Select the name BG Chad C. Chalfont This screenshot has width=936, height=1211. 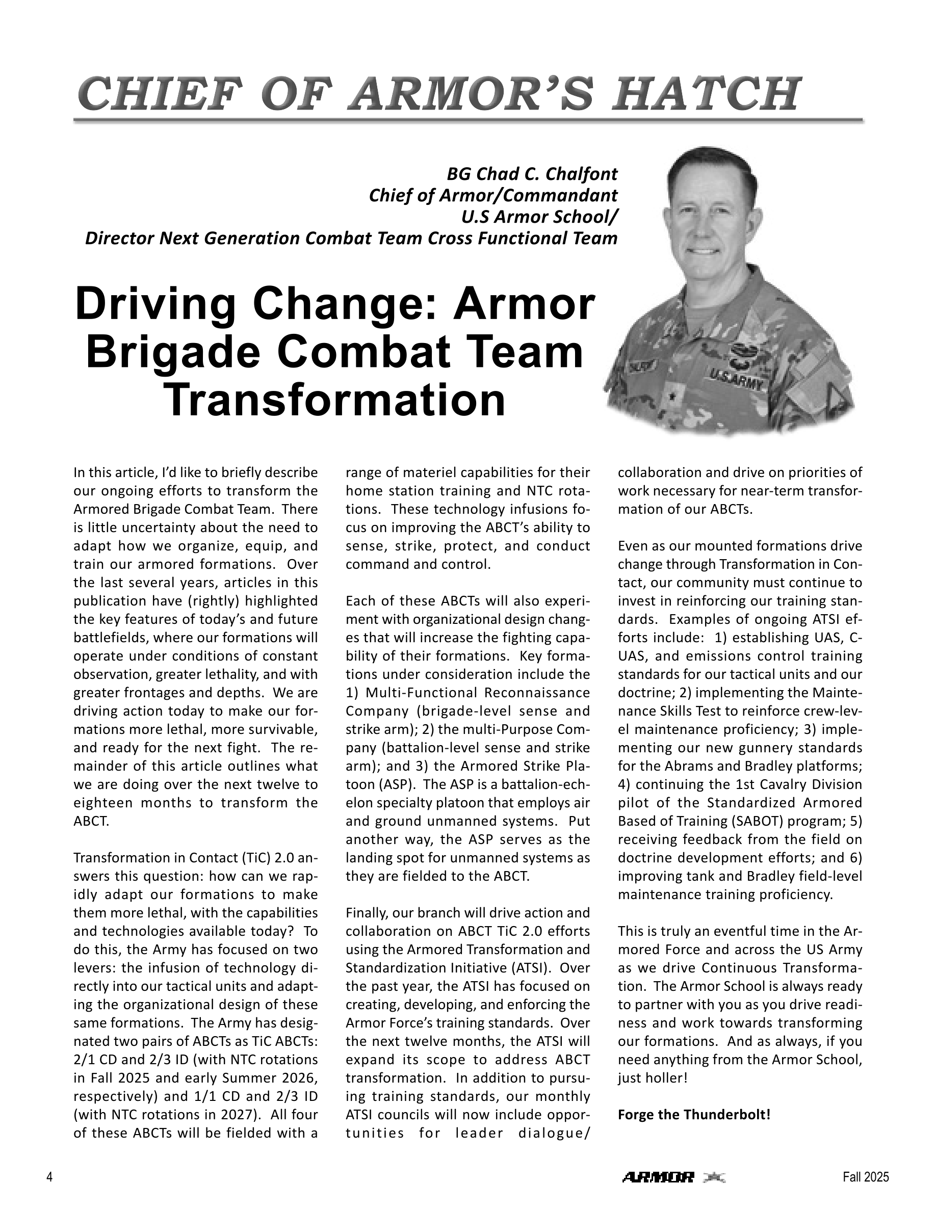(x=532, y=174)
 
